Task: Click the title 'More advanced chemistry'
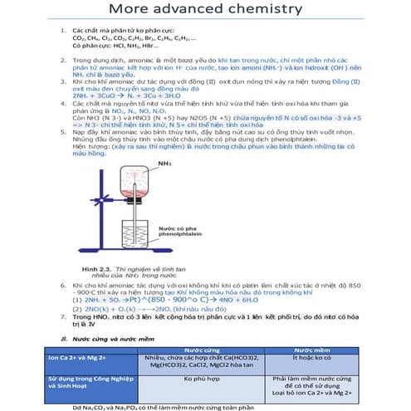(205, 11)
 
